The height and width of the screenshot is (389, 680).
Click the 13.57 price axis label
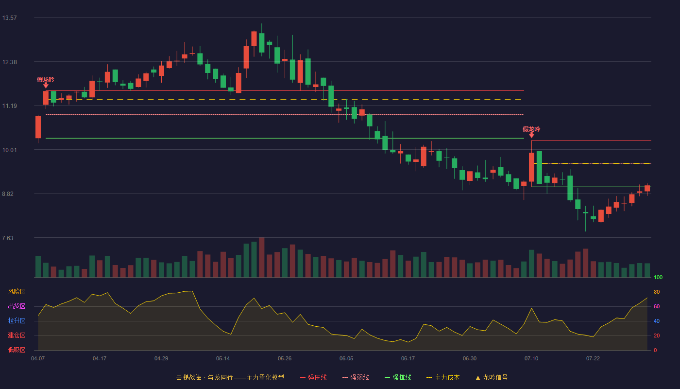click(9, 18)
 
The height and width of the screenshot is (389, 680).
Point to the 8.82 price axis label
click(8, 194)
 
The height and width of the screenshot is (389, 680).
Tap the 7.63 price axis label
click(8, 238)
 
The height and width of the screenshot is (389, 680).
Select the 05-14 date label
click(223, 359)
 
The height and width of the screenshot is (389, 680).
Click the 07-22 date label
click(593, 359)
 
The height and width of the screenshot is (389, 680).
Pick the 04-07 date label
click(38, 359)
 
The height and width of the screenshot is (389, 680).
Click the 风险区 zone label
click(17, 292)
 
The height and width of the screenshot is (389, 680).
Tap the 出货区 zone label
click(17, 306)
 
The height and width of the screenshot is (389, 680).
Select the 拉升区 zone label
click(17, 320)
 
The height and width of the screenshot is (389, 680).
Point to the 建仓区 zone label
click(17, 335)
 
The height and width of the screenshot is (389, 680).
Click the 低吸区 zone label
click(17, 350)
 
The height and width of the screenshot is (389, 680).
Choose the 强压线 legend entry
click(313, 377)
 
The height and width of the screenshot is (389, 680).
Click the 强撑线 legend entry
click(398, 377)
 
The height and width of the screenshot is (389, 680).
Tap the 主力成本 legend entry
click(443, 377)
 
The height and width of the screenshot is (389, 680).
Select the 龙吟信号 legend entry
click(492, 377)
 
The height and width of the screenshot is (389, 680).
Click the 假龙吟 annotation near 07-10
click(531, 129)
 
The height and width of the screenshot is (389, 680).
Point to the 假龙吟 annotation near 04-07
click(46, 80)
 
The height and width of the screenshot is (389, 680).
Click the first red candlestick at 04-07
click(38, 127)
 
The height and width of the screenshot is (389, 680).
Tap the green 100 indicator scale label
click(658, 277)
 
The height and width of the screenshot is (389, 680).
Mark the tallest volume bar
click(262, 257)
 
